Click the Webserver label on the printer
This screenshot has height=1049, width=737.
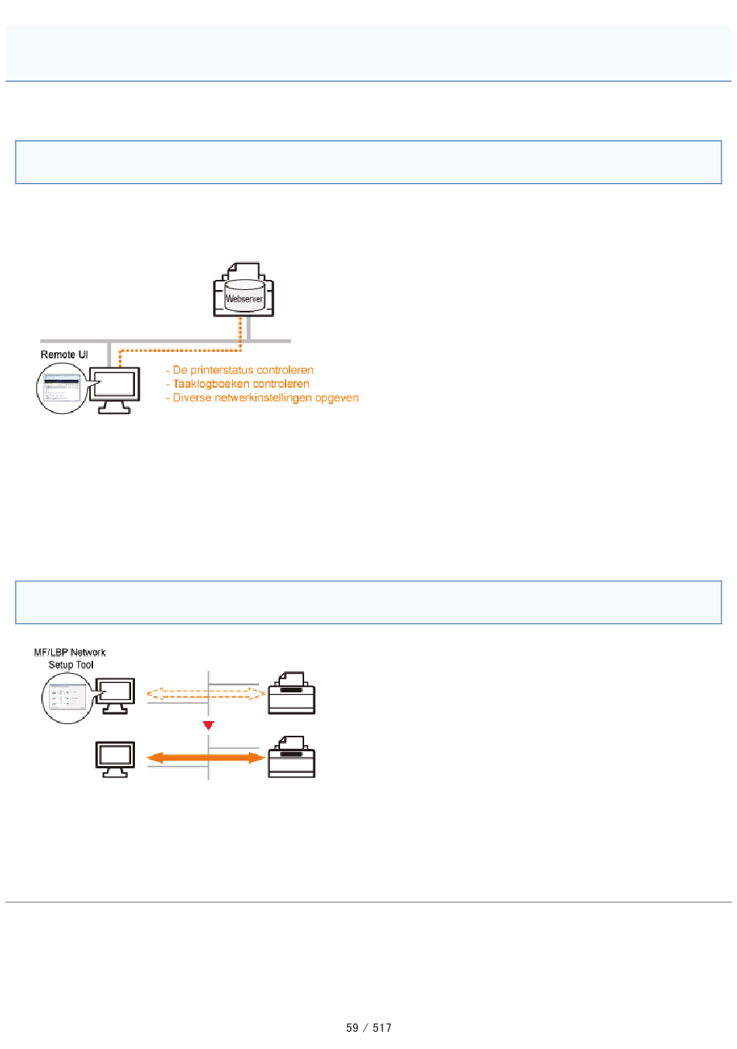pos(244,298)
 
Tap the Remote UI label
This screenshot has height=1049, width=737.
pos(64,354)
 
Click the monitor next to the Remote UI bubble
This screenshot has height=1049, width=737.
pos(115,390)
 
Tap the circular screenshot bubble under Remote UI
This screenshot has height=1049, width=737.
pos(62,388)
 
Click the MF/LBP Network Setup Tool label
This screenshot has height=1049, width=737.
pos(71,658)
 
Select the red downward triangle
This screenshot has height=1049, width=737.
pos(209,726)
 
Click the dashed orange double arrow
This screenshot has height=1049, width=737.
pos(206,694)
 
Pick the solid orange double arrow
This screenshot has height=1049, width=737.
pos(206,757)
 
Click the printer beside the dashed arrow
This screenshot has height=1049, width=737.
pos(292,692)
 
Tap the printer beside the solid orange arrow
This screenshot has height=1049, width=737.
pos(292,757)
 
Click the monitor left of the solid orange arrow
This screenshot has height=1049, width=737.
pos(116,759)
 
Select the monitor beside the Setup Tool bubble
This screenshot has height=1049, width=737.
pos(116,696)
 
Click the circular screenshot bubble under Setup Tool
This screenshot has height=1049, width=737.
pos(67,699)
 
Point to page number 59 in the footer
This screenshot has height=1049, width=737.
pos(352,1028)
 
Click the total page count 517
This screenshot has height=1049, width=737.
pos(382,1028)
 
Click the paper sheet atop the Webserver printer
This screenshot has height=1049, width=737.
pos(244,271)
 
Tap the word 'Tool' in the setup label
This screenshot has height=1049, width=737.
pos(85,665)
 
